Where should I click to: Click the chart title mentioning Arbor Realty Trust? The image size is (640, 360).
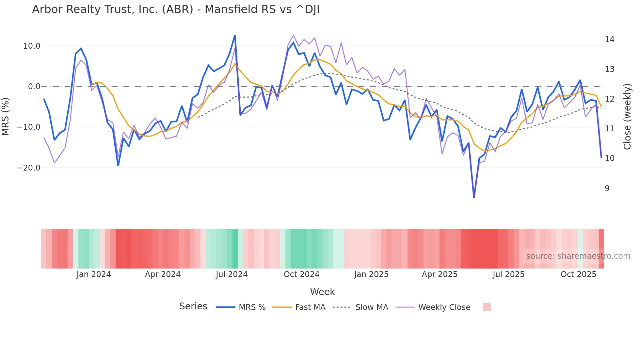(176, 9)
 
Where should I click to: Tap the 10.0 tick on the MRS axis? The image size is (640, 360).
(32, 46)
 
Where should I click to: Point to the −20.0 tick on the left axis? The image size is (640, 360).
(29, 168)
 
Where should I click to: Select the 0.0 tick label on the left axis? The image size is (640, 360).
(34, 87)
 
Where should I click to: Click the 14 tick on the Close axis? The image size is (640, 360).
(609, 40)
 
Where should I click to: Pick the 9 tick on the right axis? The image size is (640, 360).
(607, 188)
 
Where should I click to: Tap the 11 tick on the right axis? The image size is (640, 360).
(609, 129)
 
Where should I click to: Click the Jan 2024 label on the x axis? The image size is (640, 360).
(94, 274)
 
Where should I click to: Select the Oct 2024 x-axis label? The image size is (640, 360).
(301, 274)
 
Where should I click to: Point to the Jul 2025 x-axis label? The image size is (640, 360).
(508, 274)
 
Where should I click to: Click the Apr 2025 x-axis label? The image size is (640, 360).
(440, 274)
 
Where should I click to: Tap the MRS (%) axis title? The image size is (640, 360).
(6, 117)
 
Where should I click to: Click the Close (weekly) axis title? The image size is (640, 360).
(627, 117)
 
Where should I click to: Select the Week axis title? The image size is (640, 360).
(322, 292)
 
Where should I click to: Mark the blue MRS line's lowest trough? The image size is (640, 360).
(474, 197)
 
